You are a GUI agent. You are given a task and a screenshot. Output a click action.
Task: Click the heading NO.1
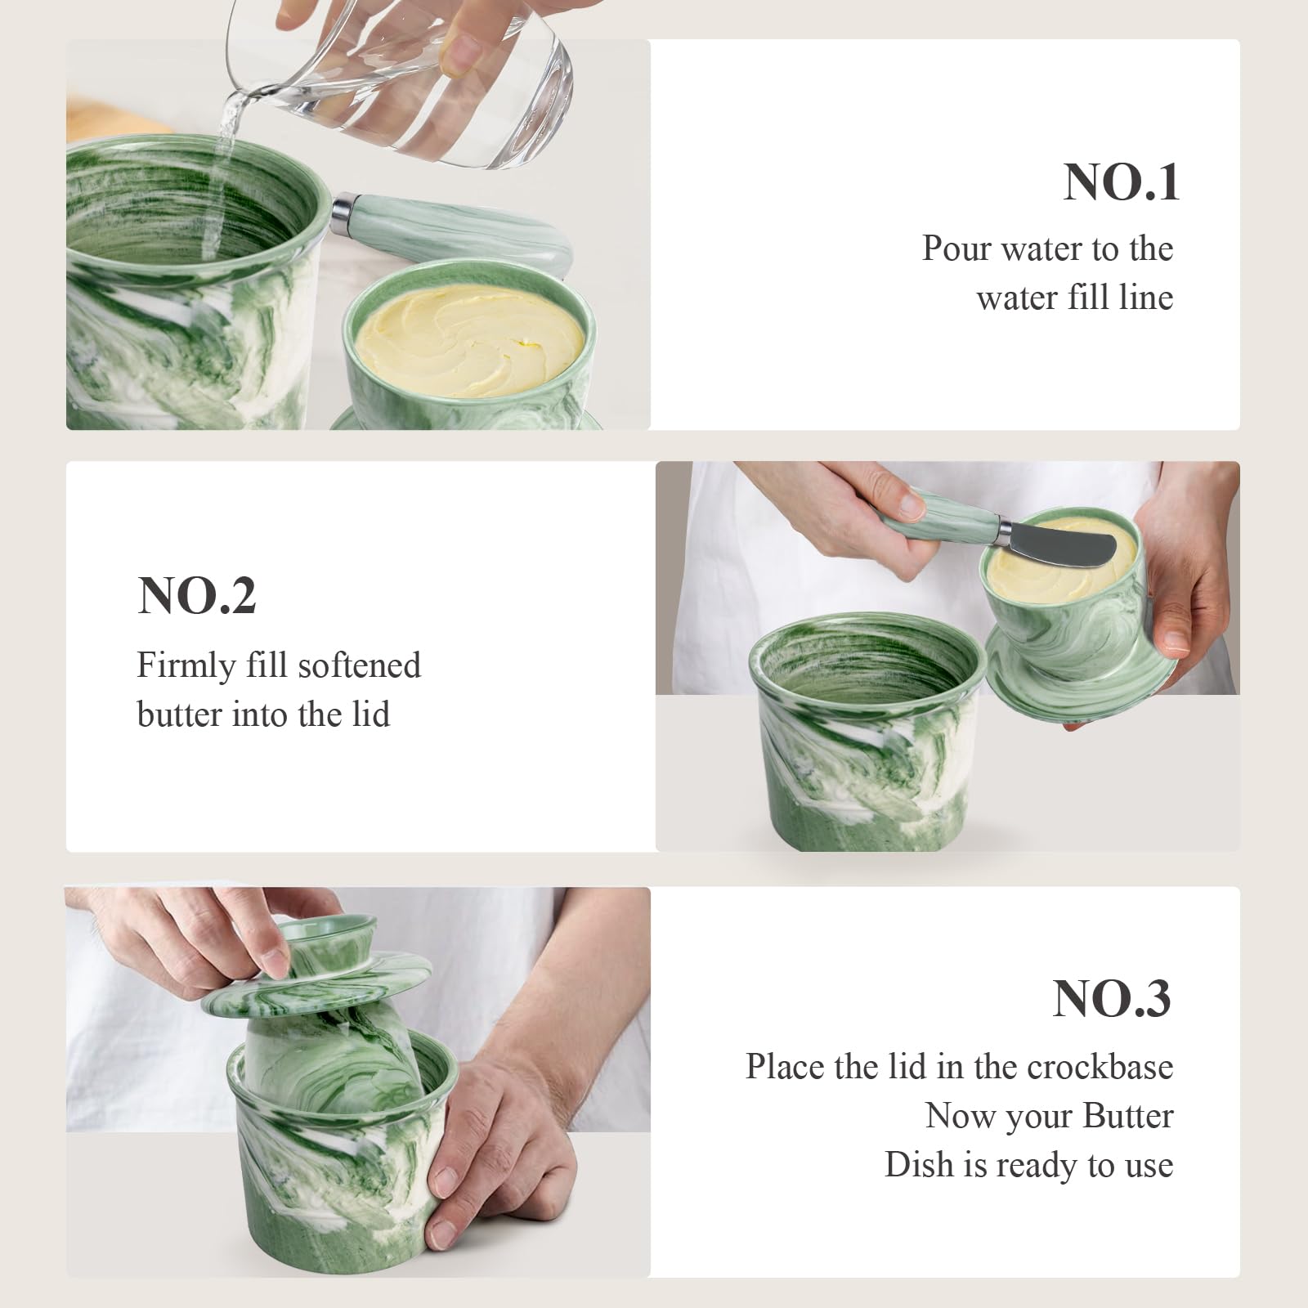(1122, 182)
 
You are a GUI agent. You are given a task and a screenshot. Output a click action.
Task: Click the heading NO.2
(197, 595)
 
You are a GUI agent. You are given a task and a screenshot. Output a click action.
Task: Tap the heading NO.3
(1112, 998)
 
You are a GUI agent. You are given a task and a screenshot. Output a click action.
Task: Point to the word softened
(360, 665)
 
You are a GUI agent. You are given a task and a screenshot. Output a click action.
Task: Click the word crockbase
(1100, 1067)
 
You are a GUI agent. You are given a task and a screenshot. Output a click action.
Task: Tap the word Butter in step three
(1128, 1116)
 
